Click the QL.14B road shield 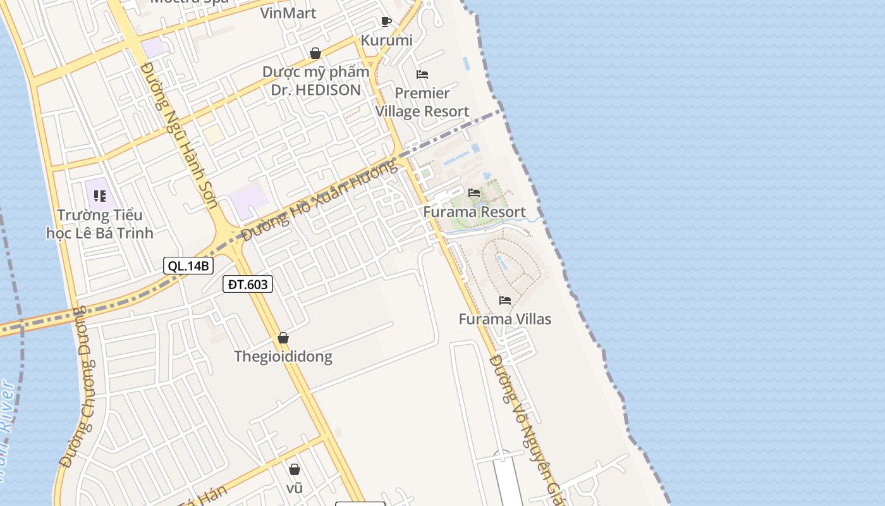pyautogui.click(x=188, y=266)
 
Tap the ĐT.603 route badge pyautogui.click(x=248, y=285)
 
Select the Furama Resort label pyautogui.click(x=474, y=212)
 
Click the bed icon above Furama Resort pyautogui.click(x=474, y=193)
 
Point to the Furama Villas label pyautogui.click(x=504, y=319)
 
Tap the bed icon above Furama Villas pyautogui.click(x=505, y=300)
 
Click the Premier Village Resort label pyautogui.click(x=422, y=102)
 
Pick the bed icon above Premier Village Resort pyautogui.click(x=422, y=75)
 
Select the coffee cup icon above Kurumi pyautogui.click(x=386, y=22)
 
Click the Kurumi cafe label pyautogui.click(x=386, y=40)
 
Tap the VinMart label pyautogui.click(x=288, y=13)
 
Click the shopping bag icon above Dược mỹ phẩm pyautogui.click(x=315, y=53)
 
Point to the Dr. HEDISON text pyautogui.click(x=316, y=90)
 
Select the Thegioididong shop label pyautogui.click(x=283, y=356)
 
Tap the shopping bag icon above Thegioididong pyautogui.click(x=283, y=338)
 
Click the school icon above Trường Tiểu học pyautogui.click(x=100, y=196)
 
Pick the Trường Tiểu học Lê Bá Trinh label pyautogui.click(x=100, y=224)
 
